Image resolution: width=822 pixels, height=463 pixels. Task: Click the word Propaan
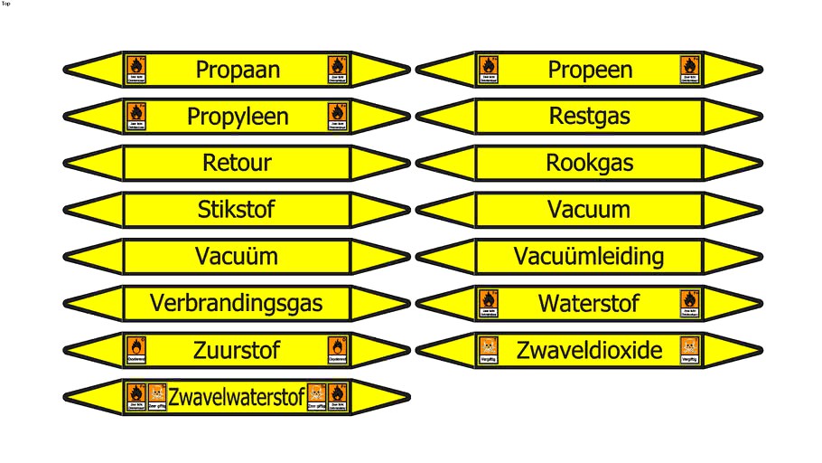pyautogui.click(x=238, y=70)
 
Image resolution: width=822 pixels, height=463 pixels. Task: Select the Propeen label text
pyautogui.click(x=590, y=70)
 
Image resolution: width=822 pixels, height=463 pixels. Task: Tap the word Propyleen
pyautogui.click(x=238, y=117)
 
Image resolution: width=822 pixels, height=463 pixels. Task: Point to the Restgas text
pyautogui.click(x=590, y=117)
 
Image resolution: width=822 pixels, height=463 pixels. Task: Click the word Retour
pyautogui.click(x=238, y=164)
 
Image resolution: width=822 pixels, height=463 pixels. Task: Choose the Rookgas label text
pyautogui.click(x=590, y=164)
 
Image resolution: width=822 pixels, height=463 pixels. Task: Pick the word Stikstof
pyautogui.click(x=237, y=210)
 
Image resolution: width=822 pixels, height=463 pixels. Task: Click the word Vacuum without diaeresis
pyautogui.click(x=589, y=210)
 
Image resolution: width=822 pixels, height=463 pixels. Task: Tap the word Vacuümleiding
pyautogui.click(x=589, y=257)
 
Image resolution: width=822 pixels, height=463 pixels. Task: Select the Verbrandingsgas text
pyautogui.click(x=237, y=303)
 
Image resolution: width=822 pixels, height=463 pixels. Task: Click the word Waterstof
pyautogui.click(x=589, y=303)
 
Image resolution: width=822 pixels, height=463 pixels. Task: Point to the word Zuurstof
pyautogui.click(x=237, y=349)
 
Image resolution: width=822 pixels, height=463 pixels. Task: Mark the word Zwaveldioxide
pyautogui.click(x=589, y=350)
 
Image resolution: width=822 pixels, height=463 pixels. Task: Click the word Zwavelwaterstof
pyautogui.click(x=237, y=396)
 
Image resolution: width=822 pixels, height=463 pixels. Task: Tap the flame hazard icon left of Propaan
pyautogui.click(x=136, y=66)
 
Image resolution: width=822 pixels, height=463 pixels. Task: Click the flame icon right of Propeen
pyautogui.click(x=690, y=66)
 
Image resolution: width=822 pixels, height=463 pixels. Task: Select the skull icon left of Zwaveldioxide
pyautogui.click(x=488, y=346)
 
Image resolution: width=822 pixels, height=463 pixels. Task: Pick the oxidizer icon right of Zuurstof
pyautogui.click(x=338, y=346)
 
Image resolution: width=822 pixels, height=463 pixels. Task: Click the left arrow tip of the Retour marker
pyautogui.click(x=69, y=163)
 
